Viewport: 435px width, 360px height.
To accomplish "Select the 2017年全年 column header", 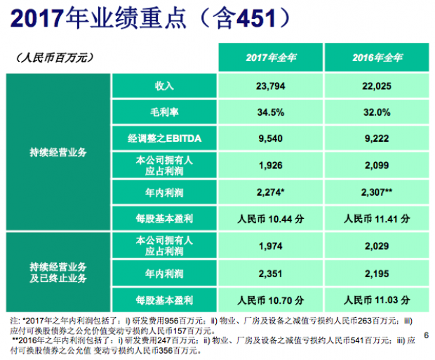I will click(x=271, y=57).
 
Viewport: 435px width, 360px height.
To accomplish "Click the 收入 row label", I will click(x=164, y=86).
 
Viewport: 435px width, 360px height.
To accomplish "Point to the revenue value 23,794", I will click(x=271, y=86).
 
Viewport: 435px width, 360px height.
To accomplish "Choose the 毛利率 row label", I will click(x=164, y=112).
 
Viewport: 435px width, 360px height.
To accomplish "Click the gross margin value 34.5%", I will click(x=271, y=112).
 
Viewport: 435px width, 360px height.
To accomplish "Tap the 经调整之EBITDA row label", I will click(x=164, y=139).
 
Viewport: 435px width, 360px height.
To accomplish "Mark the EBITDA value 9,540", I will click(x=271, y=139).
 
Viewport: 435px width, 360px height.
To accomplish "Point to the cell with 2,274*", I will click(x=271, y=192).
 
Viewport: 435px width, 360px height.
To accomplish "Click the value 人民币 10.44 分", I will click(x=271, y=219).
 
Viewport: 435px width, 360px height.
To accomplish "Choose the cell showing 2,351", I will click(x=271, y=273).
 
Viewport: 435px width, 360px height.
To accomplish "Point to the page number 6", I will click(x=425, y=336).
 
